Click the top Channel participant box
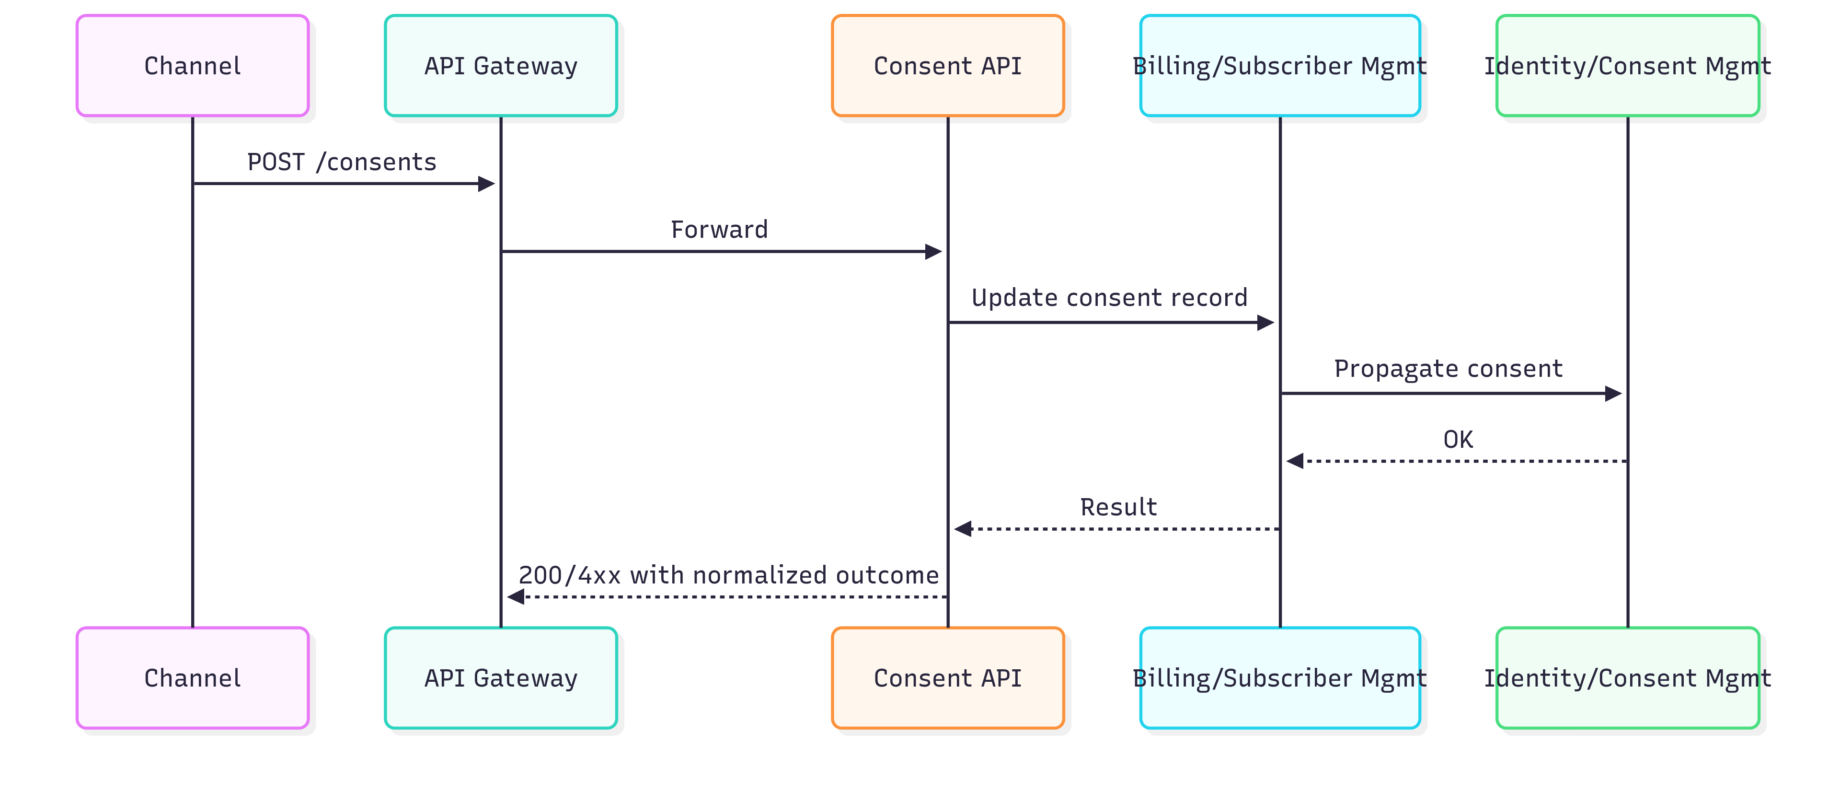point(192,66)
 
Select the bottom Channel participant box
point(192,678)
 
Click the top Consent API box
point(947,66)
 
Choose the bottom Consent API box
point(947,678)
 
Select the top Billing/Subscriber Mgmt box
point(1279,66)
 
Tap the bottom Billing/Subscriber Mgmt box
point(1279,678)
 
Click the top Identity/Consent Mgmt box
point(1627,66)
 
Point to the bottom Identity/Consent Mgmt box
point(1627,678)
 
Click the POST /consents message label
point(342,162)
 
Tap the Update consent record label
point(1109,298)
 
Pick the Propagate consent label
point(1448,369)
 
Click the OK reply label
point(1457,439)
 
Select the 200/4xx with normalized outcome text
point(728,575)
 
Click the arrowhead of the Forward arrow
point(933,252)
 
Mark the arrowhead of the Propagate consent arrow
point(1613,394)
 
